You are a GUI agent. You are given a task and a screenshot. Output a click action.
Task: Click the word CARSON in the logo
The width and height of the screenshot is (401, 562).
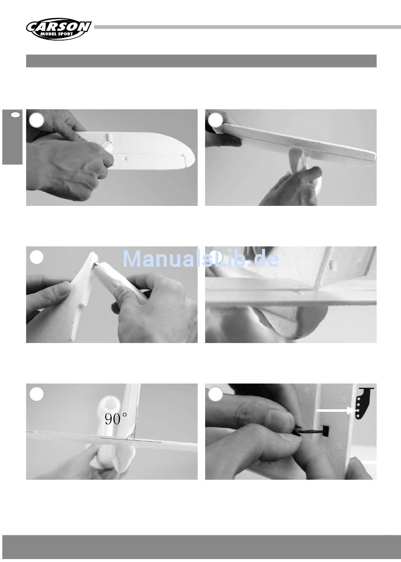(x=59, y=27)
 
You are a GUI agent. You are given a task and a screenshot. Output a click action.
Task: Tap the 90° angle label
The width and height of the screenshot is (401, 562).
(x=116, y=419)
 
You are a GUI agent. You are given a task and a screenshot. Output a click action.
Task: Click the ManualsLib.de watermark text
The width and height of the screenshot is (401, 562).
(x=200, y=259)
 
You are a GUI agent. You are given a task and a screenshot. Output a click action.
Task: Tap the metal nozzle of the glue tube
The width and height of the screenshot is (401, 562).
(x=95, y=265)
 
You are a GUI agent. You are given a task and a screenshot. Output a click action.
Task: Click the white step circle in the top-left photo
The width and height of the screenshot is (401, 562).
(x=37, y=120)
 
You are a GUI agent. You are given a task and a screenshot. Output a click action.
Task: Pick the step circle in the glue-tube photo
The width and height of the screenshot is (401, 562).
(x=37, y=257)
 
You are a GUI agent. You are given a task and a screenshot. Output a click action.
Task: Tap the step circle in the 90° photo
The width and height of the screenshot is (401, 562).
(x=37, y=394)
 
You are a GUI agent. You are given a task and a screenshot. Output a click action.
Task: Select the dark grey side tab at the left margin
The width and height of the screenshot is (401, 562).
(x=12, y=137)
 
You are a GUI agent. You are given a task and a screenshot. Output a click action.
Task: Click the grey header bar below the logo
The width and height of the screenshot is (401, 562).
(x=201, y=61)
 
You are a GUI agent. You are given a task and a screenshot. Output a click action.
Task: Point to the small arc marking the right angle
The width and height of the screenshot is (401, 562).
(x=130, y=437)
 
